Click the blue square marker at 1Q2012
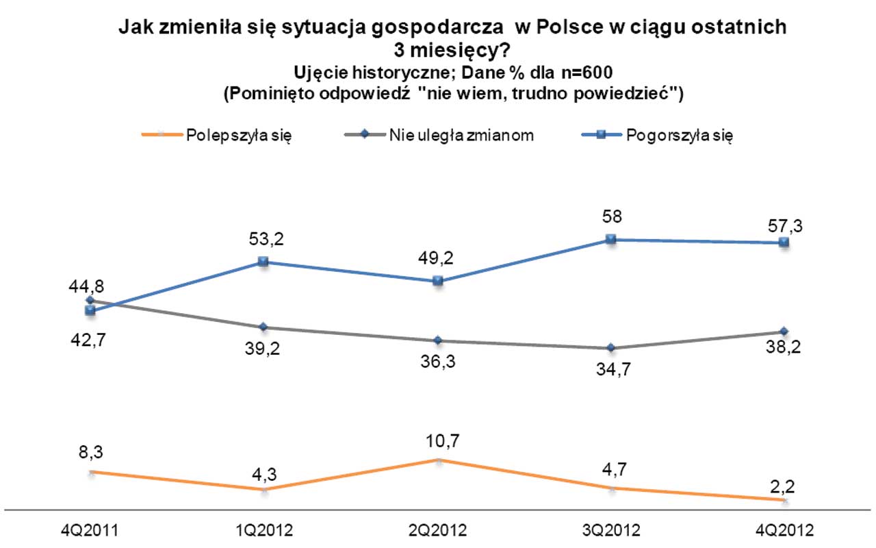(x=263, y=262)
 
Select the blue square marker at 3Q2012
(x=612, y=239)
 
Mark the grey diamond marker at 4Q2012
(x=784, y=332)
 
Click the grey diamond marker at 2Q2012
(x=439, y=340)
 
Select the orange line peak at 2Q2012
(x=439, y=461)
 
